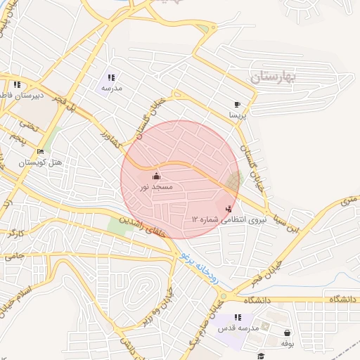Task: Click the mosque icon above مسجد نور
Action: (x=156, y=176)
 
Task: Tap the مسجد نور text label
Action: (x=155, y=187)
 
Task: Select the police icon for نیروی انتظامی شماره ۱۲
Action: (x=228, y=209)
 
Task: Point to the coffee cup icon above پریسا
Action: (x=237, y=103)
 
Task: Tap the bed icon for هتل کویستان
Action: (x=40, y=152)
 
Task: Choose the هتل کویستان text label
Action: (x=40, y=162)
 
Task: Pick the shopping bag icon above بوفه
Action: (x=286, y=333)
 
